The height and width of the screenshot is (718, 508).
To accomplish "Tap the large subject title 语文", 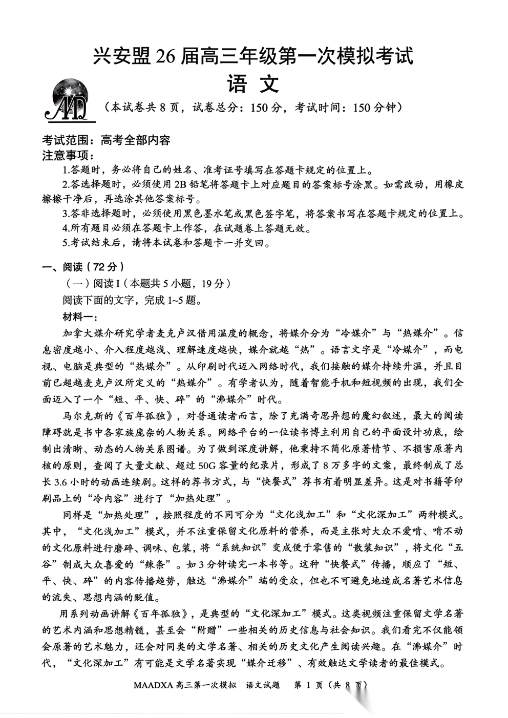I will (253, 83).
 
